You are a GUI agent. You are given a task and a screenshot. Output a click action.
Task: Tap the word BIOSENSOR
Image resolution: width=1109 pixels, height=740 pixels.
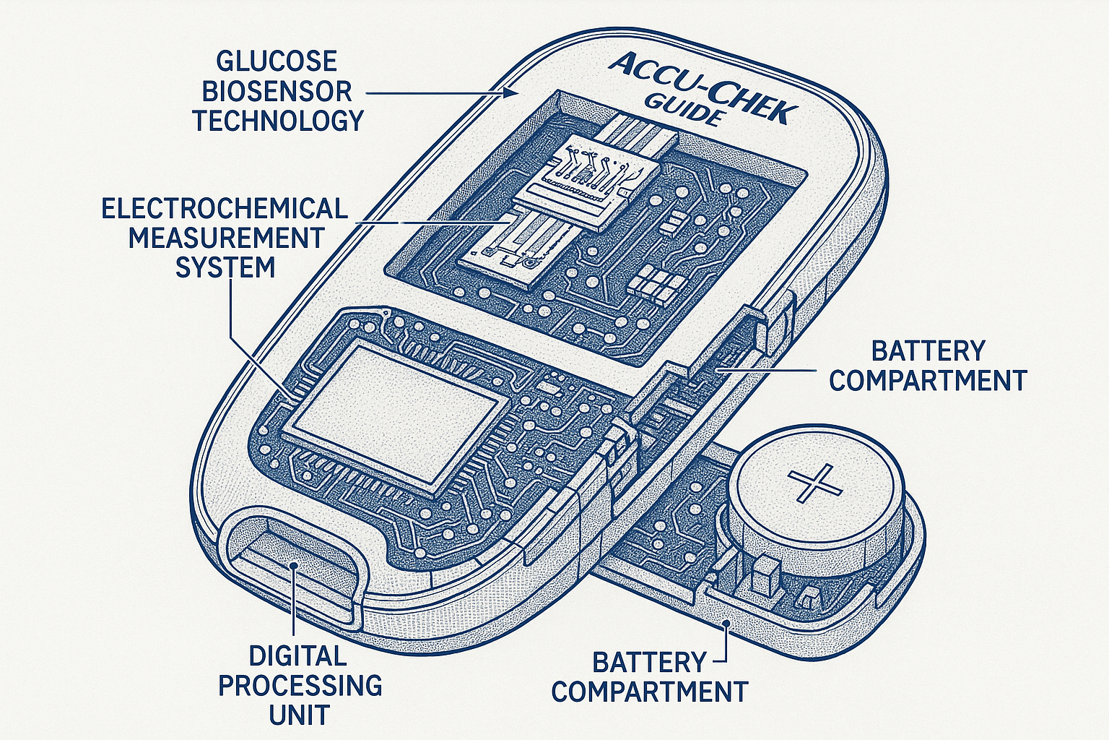(277, 91)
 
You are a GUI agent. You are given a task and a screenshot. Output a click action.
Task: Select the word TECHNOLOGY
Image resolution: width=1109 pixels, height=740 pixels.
(277, 121)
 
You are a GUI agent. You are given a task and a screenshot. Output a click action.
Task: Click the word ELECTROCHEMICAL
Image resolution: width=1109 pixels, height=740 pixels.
(225, 209)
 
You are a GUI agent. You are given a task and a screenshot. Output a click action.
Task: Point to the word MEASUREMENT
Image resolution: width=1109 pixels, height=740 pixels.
(226, 238)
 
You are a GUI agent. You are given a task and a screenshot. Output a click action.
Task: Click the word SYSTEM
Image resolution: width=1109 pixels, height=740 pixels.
(225, 267)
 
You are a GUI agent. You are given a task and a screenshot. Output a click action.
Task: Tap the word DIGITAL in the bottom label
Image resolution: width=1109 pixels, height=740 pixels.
(297, 656)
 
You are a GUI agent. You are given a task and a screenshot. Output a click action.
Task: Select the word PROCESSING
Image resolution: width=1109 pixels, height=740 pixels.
(300, 685)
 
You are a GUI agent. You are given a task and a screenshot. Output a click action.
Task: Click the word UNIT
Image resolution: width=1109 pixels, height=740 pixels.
(299, 715)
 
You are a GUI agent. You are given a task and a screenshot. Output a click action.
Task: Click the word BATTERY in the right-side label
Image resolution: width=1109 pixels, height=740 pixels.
(928, 351)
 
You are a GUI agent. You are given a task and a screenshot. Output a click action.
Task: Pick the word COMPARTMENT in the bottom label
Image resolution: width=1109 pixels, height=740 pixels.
(649, 692)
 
